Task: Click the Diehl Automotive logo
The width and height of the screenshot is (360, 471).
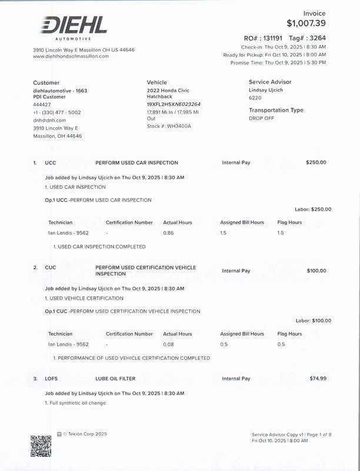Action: pyautogui.click(x=74, y=27)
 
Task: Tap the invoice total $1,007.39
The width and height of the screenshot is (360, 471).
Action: pyautogui.click(x=306, y=24)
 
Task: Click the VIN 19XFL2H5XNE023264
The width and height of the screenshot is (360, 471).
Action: pyautogui.click(x=174, y=104)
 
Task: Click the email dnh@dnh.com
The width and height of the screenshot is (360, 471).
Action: pyautogui.click(x=49, y=120)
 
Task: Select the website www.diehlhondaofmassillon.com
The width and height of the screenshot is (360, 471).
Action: pyautogui.click(x=71, y=56)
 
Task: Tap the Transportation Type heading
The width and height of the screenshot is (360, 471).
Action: pyautogui.click(x=276, y=110)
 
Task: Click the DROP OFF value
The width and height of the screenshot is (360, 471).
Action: pyautogui.click(x=261, y=118)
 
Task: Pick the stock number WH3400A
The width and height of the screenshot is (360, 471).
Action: pyautogui.click(x=179, y=126)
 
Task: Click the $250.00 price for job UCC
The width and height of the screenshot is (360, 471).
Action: pyautogui.click(x=316, y=162)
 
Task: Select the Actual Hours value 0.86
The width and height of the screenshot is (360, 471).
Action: pyautogui.click(x=168, y=233)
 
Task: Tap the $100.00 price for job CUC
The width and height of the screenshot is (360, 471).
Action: pyautogui.click(x=316, y=271)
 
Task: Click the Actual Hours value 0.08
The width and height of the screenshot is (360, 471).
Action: pyautogui.click(x=168, y=344)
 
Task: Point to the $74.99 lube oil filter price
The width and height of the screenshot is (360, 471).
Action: pyautogui.click(x=318, y=378)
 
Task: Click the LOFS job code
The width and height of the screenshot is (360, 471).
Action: pyautogui.click(x=51, y=379)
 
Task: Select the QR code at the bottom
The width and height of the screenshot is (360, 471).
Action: pyautogui.click(x=41, y=446)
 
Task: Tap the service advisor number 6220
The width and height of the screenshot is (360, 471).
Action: pyautogui.click(x=255, y=98)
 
